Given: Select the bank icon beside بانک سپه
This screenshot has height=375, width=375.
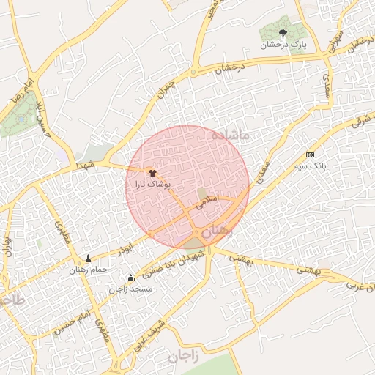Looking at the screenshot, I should coord(310,155).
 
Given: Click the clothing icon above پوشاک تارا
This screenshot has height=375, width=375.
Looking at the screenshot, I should coord(152,173).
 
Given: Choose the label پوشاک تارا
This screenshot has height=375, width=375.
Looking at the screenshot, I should coord(153,185).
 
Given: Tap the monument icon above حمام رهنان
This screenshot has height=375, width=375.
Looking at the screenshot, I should coord(89,259).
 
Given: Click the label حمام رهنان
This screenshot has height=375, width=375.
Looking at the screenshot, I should coord(89,270).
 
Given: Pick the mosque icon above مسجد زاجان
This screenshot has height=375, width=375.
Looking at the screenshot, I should coord(130,278).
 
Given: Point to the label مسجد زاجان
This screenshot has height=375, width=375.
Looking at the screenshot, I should coord(130,289).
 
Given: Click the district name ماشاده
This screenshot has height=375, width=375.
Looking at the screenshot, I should coord(229,135).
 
